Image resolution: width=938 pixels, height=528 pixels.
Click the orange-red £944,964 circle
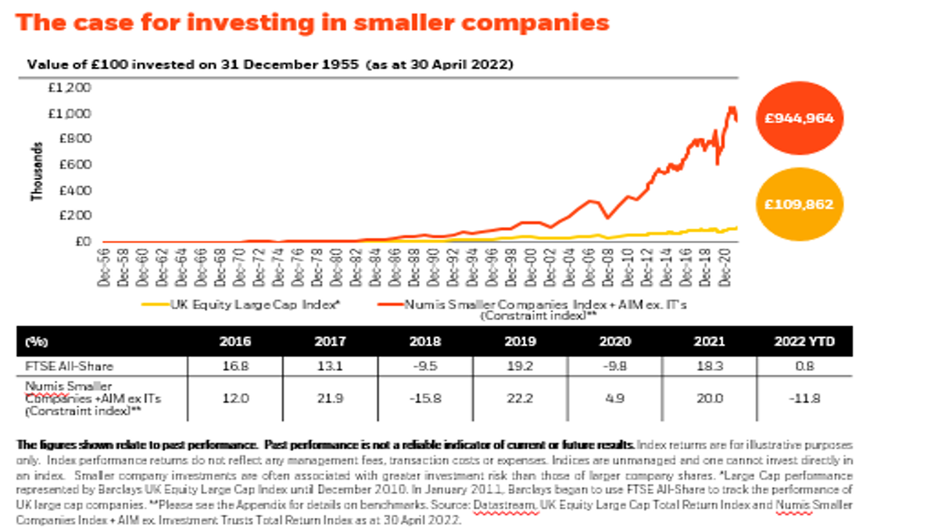(799, 118)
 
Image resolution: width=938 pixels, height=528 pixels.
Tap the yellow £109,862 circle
(799, 204)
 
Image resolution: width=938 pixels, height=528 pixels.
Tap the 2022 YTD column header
(798, 342)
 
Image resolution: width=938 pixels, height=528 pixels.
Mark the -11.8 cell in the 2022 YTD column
(798, 397)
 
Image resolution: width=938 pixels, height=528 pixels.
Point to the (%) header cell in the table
(34, 342)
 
